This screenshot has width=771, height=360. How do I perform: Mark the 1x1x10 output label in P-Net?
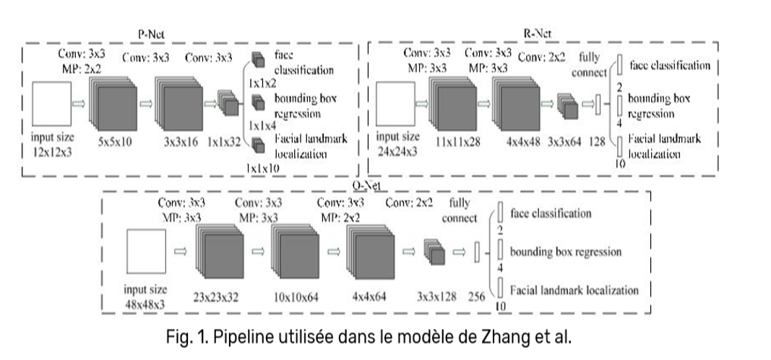(263, 168)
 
